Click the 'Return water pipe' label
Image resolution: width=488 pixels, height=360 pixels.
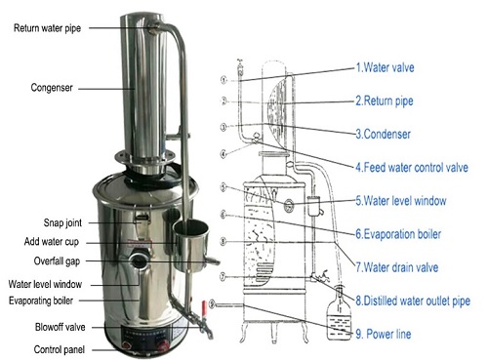pyautogui.click(x=47, y=28)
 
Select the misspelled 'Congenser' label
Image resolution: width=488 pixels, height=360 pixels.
pyautogui.click(x=52, y=88)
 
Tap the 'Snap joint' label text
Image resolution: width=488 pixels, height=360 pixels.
pyautogui.click(x=62, y=223)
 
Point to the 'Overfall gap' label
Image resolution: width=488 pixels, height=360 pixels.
pyautogui.click(x=57, y=261)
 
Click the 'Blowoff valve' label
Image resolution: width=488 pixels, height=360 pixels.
pyautogui.click(x=61, y=327)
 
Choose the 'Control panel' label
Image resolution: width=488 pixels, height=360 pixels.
pyautogui.click(x=60, y=349)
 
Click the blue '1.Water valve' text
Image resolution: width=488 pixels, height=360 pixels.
pyautogui.click(x=385, y=67)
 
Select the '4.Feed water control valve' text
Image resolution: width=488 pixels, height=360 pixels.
pyautogui.click(x=412, y=168)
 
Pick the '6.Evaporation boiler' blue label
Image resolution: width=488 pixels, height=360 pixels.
pyautogui.click(x=398, y=234)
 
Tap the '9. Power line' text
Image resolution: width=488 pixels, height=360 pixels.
pyautogui.click(x=383, y=334)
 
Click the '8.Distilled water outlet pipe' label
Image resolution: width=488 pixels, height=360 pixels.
pyautogui.click(x=413, y=300)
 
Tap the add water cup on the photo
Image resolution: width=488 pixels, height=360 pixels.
pyautogui.click(x=191, y=246)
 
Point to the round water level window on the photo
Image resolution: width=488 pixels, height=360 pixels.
pyautogui.click(x=140, y=260)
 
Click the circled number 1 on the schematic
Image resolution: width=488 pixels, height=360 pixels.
pyautogui.click(x=224, y=80)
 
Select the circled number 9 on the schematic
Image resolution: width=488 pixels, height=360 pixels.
pyautogui.click(x=212, y=304)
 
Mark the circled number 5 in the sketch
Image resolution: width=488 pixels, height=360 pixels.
pyautogui.click(x=223, y=187)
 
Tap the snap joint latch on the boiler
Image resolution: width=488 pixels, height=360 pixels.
pyautogui.click(x=142, y=219)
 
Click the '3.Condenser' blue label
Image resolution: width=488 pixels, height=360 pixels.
pyautogui.click(x=383, y=134)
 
